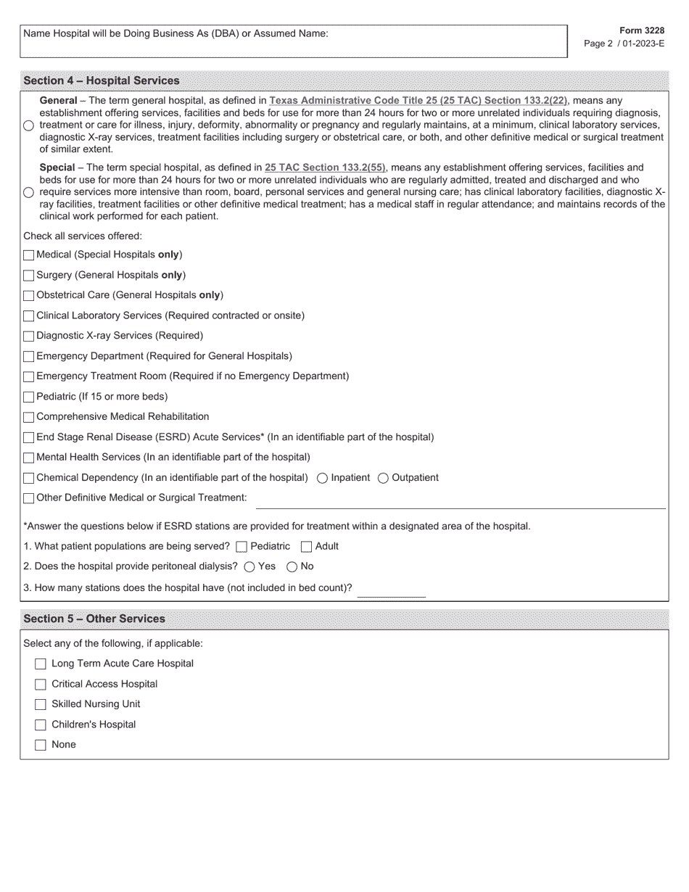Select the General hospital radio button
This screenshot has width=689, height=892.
(x=28, y=125)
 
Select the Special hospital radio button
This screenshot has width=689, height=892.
(x=28, y=192)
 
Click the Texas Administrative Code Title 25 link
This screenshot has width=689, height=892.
(x=418, y=101)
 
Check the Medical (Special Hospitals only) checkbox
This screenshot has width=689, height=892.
(x=29, y=255)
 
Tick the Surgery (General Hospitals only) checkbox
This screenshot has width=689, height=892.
(x=29, y=276)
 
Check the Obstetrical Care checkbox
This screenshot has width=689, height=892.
(x=29, y=296)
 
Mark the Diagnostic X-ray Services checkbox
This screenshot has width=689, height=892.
(x=29, y=336)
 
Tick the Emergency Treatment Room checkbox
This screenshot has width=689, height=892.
(x=29, y=377)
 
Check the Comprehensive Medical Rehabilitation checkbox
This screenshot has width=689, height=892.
(x=29, y=418)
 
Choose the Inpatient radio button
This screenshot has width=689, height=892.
(x=323, y=478)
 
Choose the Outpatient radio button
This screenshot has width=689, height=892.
(x=384, y=478)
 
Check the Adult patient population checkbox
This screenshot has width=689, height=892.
(x=306, y=547)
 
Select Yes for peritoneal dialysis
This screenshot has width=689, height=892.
(x=249, y=567)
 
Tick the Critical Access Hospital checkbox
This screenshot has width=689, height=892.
(x=41, y=685)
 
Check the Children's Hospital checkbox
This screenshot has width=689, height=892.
(x=41, y=725)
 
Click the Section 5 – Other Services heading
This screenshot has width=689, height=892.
(x=94, y=619)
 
